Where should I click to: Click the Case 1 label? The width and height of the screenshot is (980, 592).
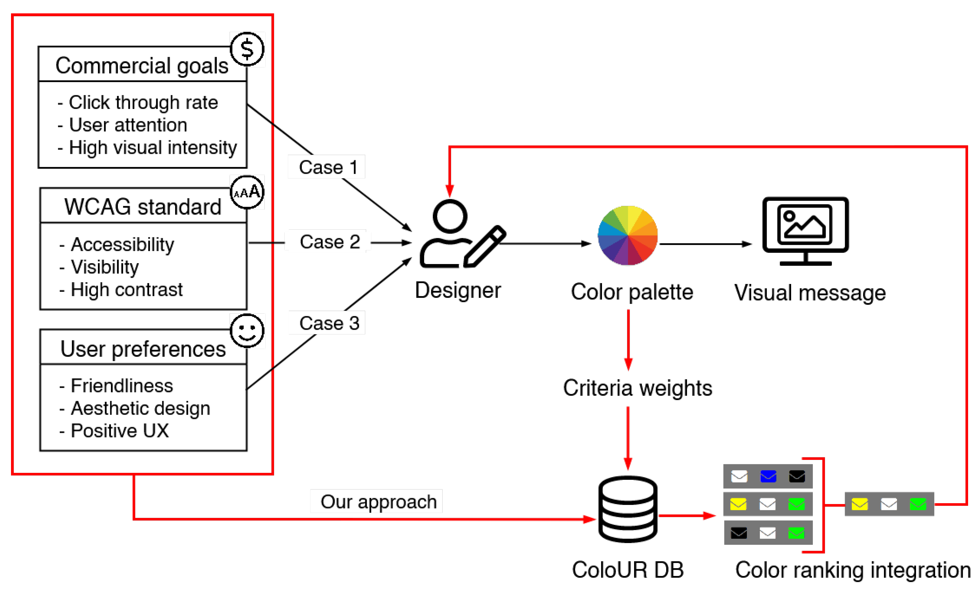click(x=329, y=167)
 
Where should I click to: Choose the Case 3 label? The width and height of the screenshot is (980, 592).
click(x=329, y=323)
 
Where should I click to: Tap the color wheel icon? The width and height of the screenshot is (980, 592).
click(x=628, y=235)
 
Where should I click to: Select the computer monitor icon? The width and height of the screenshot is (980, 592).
click(x=806, y=231)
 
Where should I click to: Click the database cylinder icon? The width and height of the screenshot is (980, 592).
click(x=628, y=509)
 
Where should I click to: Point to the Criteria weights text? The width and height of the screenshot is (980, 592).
click(x=638, y=388)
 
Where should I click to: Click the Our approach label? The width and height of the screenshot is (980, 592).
click(x=379, y=502)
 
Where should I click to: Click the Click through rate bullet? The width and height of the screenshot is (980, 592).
click(x=138, y=102)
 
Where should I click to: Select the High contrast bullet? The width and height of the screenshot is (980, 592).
click(x=121, y=290)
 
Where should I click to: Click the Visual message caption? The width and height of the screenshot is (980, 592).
click(x=810, y=293)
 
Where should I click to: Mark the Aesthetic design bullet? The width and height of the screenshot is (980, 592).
click(x=134, y=408)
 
